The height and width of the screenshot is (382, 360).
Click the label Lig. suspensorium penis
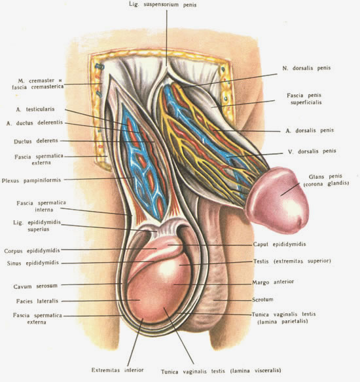pyautogui.click(x=162, y=5)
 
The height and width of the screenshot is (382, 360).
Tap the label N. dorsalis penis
pyautogui.click(x=306, y=68)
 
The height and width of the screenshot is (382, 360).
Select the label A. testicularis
pyautogui.click(x=35, y=109)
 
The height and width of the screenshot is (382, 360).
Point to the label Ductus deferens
pyautogui.click(x=36, y=141)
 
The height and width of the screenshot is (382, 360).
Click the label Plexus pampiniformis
pyautogui.click(x=31, y=181)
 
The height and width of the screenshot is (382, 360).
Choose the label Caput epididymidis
pyautogui.click(x=279, y=244)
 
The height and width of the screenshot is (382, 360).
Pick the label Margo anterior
pyautogui.click(x=273, y=282)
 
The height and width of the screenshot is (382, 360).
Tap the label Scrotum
pyautogui.click(x=262, y=299)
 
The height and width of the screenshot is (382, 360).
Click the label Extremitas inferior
pyautogui.click(x=117, y=370)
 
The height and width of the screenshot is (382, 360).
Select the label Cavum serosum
pyautogui.click(x=35, y=286)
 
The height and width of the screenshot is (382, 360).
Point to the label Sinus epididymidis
pyautogui.click(x=33, y=263)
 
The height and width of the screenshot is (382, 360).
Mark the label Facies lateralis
pyautogui.click(x=37, y=301)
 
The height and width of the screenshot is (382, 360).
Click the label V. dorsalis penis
pyautogui.click(x=312, y=151)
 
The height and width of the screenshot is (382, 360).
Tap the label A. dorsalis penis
pyautogui.click(x=310, y=130)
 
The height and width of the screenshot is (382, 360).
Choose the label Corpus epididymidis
pyautogui.click(x=32, y=251)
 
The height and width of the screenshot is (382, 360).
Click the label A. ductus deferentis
pyautogui.click(x=35, y=123)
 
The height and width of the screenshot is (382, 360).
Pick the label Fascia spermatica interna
pyautogui.click(x=41, y=206)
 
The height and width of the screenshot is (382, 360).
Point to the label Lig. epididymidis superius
pyautogui.click(x=37, y=225)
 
